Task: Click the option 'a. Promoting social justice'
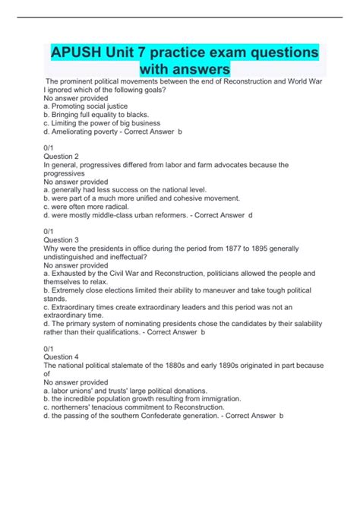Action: [85, 106]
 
